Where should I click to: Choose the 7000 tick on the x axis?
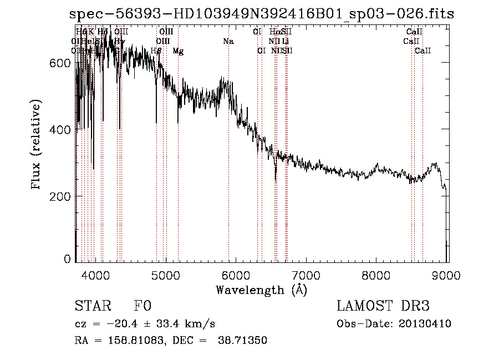[306, 274]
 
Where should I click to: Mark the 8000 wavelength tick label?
[376, 274]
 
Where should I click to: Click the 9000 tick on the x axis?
[446, 274]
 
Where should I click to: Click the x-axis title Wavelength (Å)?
[261, 290]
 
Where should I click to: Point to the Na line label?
[228, 41]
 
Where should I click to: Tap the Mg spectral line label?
[178, 51]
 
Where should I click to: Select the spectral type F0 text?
[142, 306]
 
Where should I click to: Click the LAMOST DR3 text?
[383, 306]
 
